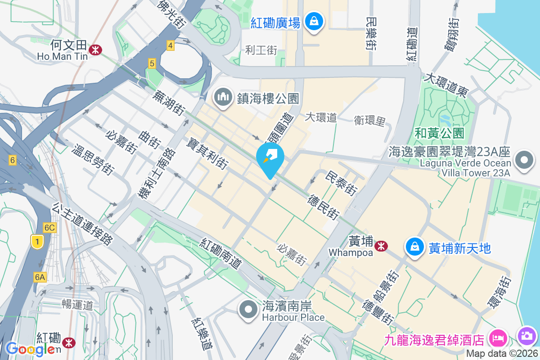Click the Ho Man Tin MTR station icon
click(x=95, y=49)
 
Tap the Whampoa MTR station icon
click(x=381, y=246)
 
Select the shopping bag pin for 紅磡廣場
click(x=314, y=21)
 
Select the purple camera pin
click(x=526, y=336)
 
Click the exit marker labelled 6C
click(x=49, y=228)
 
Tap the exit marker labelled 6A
click(x=40, y=277)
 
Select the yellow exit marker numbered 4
click(x=170, y=45)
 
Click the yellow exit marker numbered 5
click(x=152, y=64)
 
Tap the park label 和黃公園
click(x=439, y=133)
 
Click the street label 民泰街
click(x=341, y=184)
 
